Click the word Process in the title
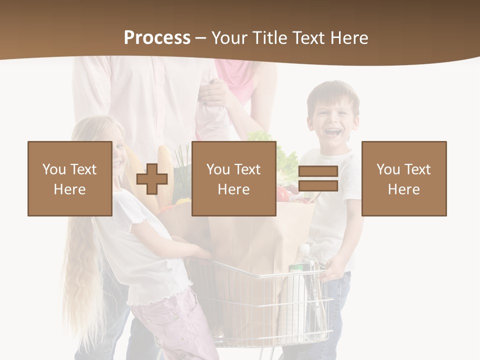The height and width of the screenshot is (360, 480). [x=157, y=38]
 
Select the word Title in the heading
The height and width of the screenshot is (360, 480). [x=270, y=38]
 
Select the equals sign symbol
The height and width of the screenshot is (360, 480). [x=318, y=179]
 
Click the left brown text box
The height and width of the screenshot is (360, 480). [x=69, y=178]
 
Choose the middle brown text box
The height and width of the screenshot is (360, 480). [x=233, y=178]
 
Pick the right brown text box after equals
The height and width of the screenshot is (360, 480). [x=403, y=178]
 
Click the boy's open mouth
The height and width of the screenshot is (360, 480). [x=332, y=132]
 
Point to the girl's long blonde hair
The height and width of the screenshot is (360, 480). [x=82, y=280]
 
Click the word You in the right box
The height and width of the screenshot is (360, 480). [x=388, y=169]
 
